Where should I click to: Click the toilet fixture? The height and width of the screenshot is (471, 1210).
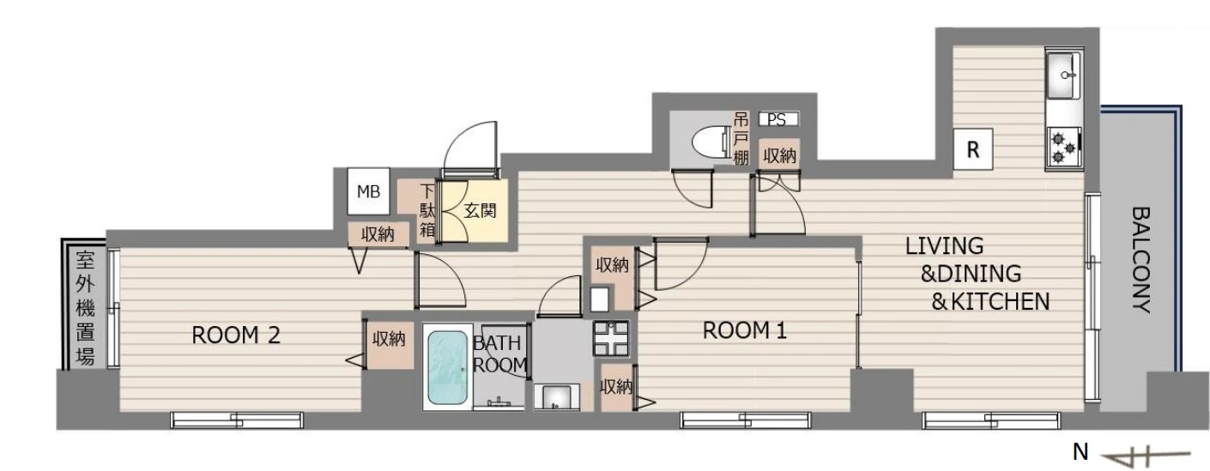(x=710, y=142)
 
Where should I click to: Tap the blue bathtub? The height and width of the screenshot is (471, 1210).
(x=448, y=367)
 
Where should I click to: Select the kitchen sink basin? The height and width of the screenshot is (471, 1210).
(x=1063, y=75)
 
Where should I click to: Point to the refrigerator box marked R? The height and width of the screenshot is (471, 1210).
(x=973, y=149)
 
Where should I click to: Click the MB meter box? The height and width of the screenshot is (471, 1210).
(x=368, y=191)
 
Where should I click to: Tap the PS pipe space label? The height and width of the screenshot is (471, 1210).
(x=777, y=119)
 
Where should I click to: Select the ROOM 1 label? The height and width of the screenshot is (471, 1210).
(x=744, y=330)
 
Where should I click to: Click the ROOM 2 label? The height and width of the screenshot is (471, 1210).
(x=236, y=335)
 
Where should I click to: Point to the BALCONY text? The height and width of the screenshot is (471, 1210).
(x=1140, y=260)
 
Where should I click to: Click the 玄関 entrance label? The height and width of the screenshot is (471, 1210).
(x=480, y=211)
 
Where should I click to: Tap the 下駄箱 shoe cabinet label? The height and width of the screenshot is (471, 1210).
(x=427, y=211)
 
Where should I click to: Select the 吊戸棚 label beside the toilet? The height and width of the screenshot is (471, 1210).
(x=741, y=138)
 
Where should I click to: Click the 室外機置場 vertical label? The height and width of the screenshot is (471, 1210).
(x=85, y=308)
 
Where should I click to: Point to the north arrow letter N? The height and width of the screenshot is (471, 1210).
(x=1080, y=451)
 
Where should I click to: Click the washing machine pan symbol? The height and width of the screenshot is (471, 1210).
(x=611, y=338)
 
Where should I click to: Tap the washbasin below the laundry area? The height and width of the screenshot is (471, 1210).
(x=556, y=397)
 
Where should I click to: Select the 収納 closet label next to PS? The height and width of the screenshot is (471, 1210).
(x=779, y=156)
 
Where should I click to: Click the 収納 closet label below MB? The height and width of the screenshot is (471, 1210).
(x=378, y=235)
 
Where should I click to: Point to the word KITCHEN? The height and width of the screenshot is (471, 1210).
(x=1000, y=302)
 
